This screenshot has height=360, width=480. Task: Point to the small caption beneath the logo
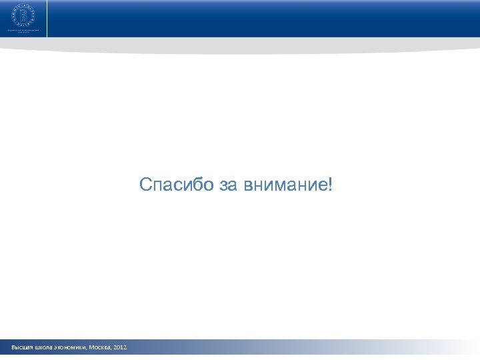pos(27,31)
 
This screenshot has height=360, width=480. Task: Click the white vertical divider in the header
pos(48,19)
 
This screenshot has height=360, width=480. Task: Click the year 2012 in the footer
pos(120,348)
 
